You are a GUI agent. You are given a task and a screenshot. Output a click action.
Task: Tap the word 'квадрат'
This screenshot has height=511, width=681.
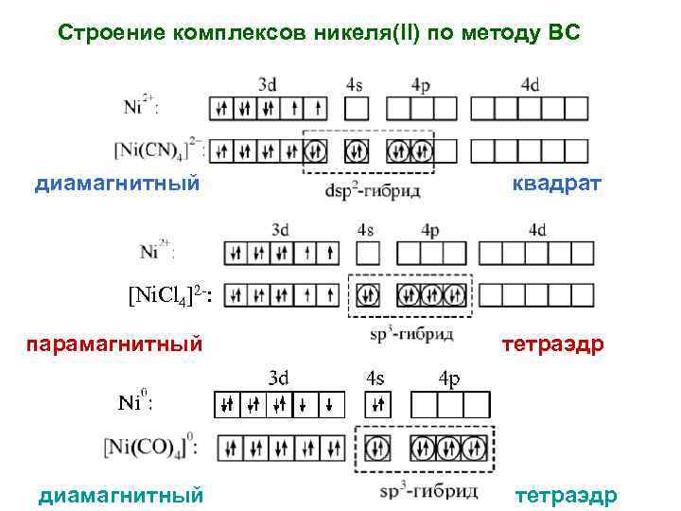556,183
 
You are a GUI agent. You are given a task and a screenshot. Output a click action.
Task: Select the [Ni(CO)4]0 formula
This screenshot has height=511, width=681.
151,446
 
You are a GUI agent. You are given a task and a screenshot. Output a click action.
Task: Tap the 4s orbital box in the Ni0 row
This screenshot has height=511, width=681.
376,406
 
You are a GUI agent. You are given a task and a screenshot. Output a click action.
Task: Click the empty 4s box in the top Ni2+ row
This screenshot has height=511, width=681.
357,107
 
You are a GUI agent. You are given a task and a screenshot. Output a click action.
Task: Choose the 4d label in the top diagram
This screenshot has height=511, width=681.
530,84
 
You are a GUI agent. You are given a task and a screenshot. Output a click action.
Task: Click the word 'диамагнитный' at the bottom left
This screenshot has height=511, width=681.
120,494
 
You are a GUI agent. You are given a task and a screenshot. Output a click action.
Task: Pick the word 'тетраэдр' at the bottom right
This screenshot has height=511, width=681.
566,495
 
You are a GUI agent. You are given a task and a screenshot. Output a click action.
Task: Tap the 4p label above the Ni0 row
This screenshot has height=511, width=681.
449,379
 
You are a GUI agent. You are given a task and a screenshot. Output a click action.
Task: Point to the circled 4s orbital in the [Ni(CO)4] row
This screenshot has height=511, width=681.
376,447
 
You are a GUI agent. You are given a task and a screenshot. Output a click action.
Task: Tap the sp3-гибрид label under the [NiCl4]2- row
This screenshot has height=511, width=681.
414,333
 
